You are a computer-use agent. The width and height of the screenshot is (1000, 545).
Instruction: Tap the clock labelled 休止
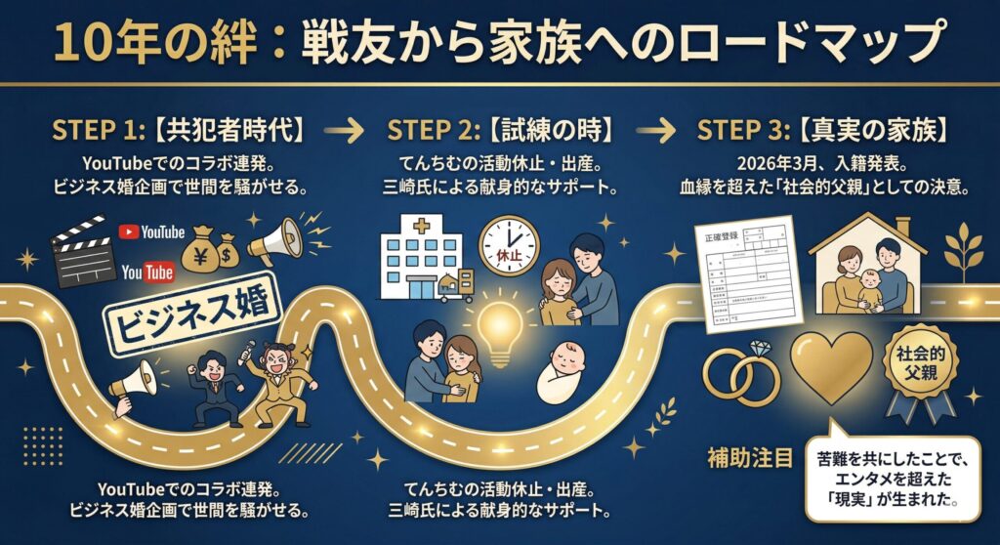509,243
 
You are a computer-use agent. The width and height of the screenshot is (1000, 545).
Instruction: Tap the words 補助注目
750,456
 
